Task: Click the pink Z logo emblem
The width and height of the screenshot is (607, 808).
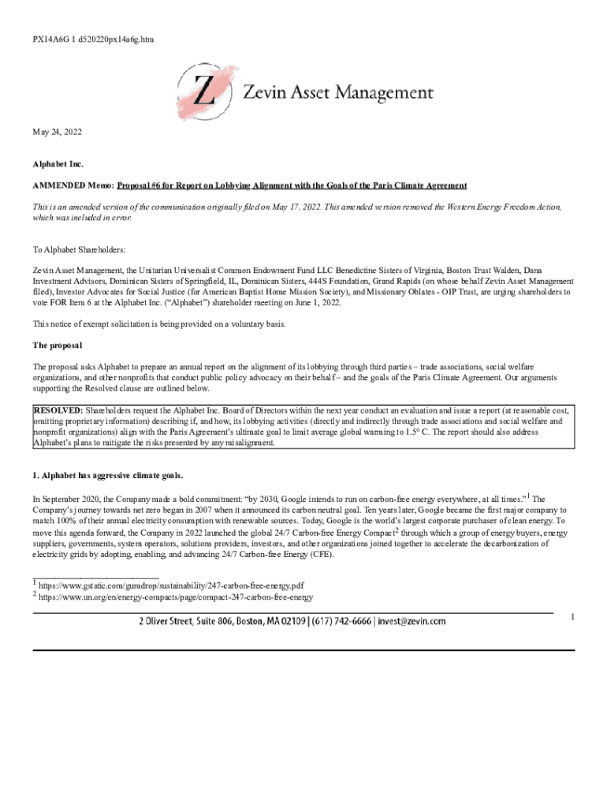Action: coord(204,93)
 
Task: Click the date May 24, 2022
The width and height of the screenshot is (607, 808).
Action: coord(57,133)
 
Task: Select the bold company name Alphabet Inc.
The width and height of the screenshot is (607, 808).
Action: coord(58,163)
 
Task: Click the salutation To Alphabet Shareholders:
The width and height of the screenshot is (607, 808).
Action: coord(79,249)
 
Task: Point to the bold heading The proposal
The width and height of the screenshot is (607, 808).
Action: coord(58,346)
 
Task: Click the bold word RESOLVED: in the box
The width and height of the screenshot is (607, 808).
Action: coord(58,411)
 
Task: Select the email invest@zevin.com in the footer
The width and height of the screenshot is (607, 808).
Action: coord(411,621)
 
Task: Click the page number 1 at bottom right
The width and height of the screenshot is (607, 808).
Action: coord(572,617)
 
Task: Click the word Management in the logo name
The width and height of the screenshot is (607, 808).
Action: coord(385,93)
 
